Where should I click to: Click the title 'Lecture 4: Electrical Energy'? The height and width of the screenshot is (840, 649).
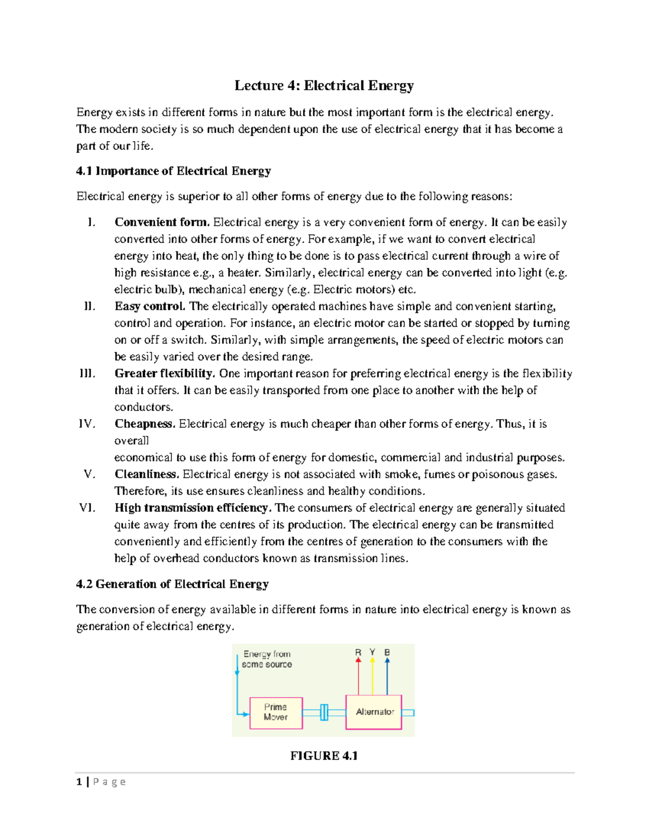[x=324, y=85]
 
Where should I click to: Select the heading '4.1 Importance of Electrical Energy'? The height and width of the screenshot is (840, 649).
[x=173, y=171]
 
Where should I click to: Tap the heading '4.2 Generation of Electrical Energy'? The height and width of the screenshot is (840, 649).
[x=172, y=584]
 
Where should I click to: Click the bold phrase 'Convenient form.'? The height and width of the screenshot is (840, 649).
[x=162, y=222]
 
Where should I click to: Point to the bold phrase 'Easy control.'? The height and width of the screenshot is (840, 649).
[x=150, y=306]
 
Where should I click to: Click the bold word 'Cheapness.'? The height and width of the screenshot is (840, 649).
[x=145, y=424]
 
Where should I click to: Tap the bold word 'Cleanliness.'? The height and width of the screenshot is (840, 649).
[x=147, y=474]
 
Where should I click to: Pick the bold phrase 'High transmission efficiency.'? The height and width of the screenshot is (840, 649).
[x=193, y=508]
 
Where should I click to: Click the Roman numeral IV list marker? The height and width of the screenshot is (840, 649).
[x=87, y=424]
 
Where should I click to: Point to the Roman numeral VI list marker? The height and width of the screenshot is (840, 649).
[x=87, y=508]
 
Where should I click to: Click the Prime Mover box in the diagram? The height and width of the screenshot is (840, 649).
[x=276, y=712]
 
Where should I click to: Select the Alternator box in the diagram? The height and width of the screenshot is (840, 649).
[x=374, y=712]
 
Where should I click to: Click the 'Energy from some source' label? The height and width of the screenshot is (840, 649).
[x=267, y=659]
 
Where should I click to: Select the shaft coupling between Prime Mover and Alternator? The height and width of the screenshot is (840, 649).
[x=324, y=712]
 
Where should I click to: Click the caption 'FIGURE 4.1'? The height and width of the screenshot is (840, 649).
[x=324, y=756]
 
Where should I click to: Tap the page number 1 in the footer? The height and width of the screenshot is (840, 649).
[x=79, y=782]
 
